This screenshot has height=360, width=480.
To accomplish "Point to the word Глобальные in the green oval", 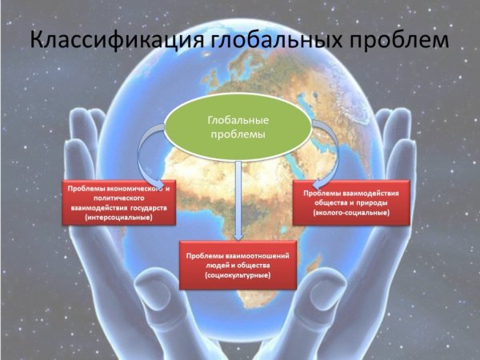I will coord(238,119).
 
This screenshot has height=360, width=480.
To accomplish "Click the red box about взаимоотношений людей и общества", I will coord(238,265).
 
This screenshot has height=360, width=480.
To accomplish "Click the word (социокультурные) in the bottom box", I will coord(238,275).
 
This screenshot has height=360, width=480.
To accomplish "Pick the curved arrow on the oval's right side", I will coord(322,152).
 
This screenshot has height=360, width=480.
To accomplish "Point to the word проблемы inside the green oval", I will coord(238,134).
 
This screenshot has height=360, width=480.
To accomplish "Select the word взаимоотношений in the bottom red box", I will coord(255,254).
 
